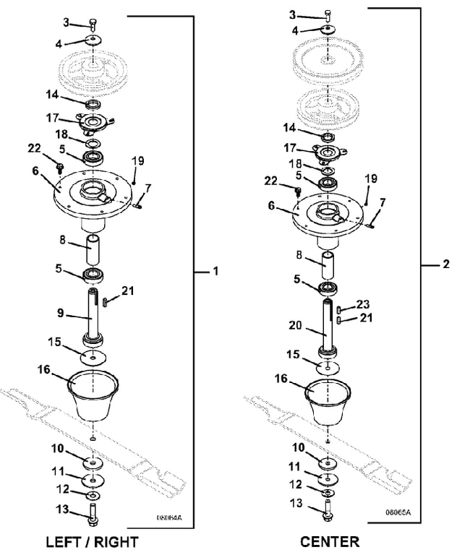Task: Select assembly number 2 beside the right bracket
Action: coord(445,265)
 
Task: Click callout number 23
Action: coord(362,304)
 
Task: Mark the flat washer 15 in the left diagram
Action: coord(94,358)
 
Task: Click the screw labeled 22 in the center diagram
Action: coord(298,191)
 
